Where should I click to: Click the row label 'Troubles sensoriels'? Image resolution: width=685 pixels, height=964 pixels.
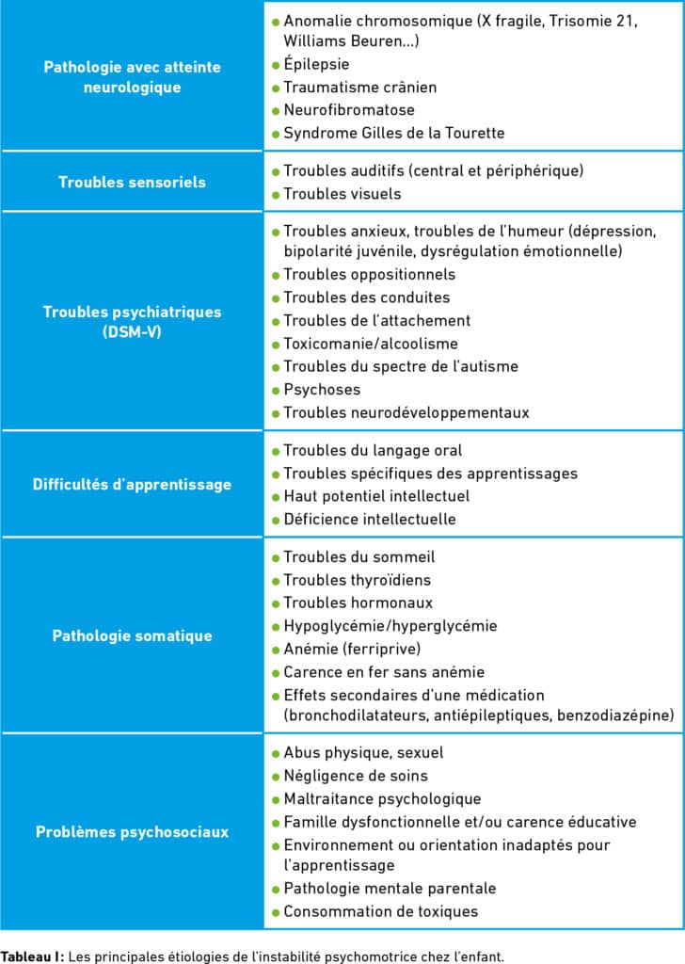(x=132, y=182)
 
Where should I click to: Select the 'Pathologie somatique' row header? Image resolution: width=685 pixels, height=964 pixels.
(x=132, y=635)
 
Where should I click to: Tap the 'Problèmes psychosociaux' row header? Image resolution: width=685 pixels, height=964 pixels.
(x=132, y=831)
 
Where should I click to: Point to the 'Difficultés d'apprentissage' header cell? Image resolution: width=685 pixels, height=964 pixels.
(x=132, y=484)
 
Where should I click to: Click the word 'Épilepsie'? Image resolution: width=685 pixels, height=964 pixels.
(x=316, y=64)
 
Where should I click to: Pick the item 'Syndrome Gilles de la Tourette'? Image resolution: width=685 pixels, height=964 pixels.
(x=393, y=133)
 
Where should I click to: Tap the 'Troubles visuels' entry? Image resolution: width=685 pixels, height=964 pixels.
(x=342, y=194)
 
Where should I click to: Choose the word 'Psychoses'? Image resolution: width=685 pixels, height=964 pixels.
(x=322, y=389)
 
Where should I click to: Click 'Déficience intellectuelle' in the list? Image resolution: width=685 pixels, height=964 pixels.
(x=369, y=519)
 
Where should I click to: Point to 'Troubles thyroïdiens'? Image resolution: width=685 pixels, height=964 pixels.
(x=357, y=580)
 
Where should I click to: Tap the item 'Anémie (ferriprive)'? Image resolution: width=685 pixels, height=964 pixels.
(x=352, y=649)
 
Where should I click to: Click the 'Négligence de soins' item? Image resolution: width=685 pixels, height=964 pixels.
(x=355, y=776)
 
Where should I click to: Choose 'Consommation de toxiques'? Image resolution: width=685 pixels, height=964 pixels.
(x=380, y=911)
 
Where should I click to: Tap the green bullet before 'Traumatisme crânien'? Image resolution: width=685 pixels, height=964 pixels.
(x=276, y=88)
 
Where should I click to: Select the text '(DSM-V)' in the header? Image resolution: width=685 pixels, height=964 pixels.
(x=132, y=331)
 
